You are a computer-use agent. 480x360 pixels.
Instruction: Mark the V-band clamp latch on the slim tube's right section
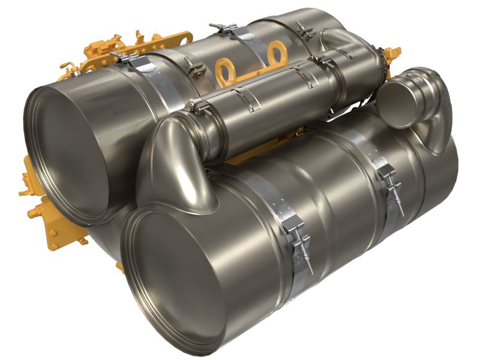click(x=328, y=61)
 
